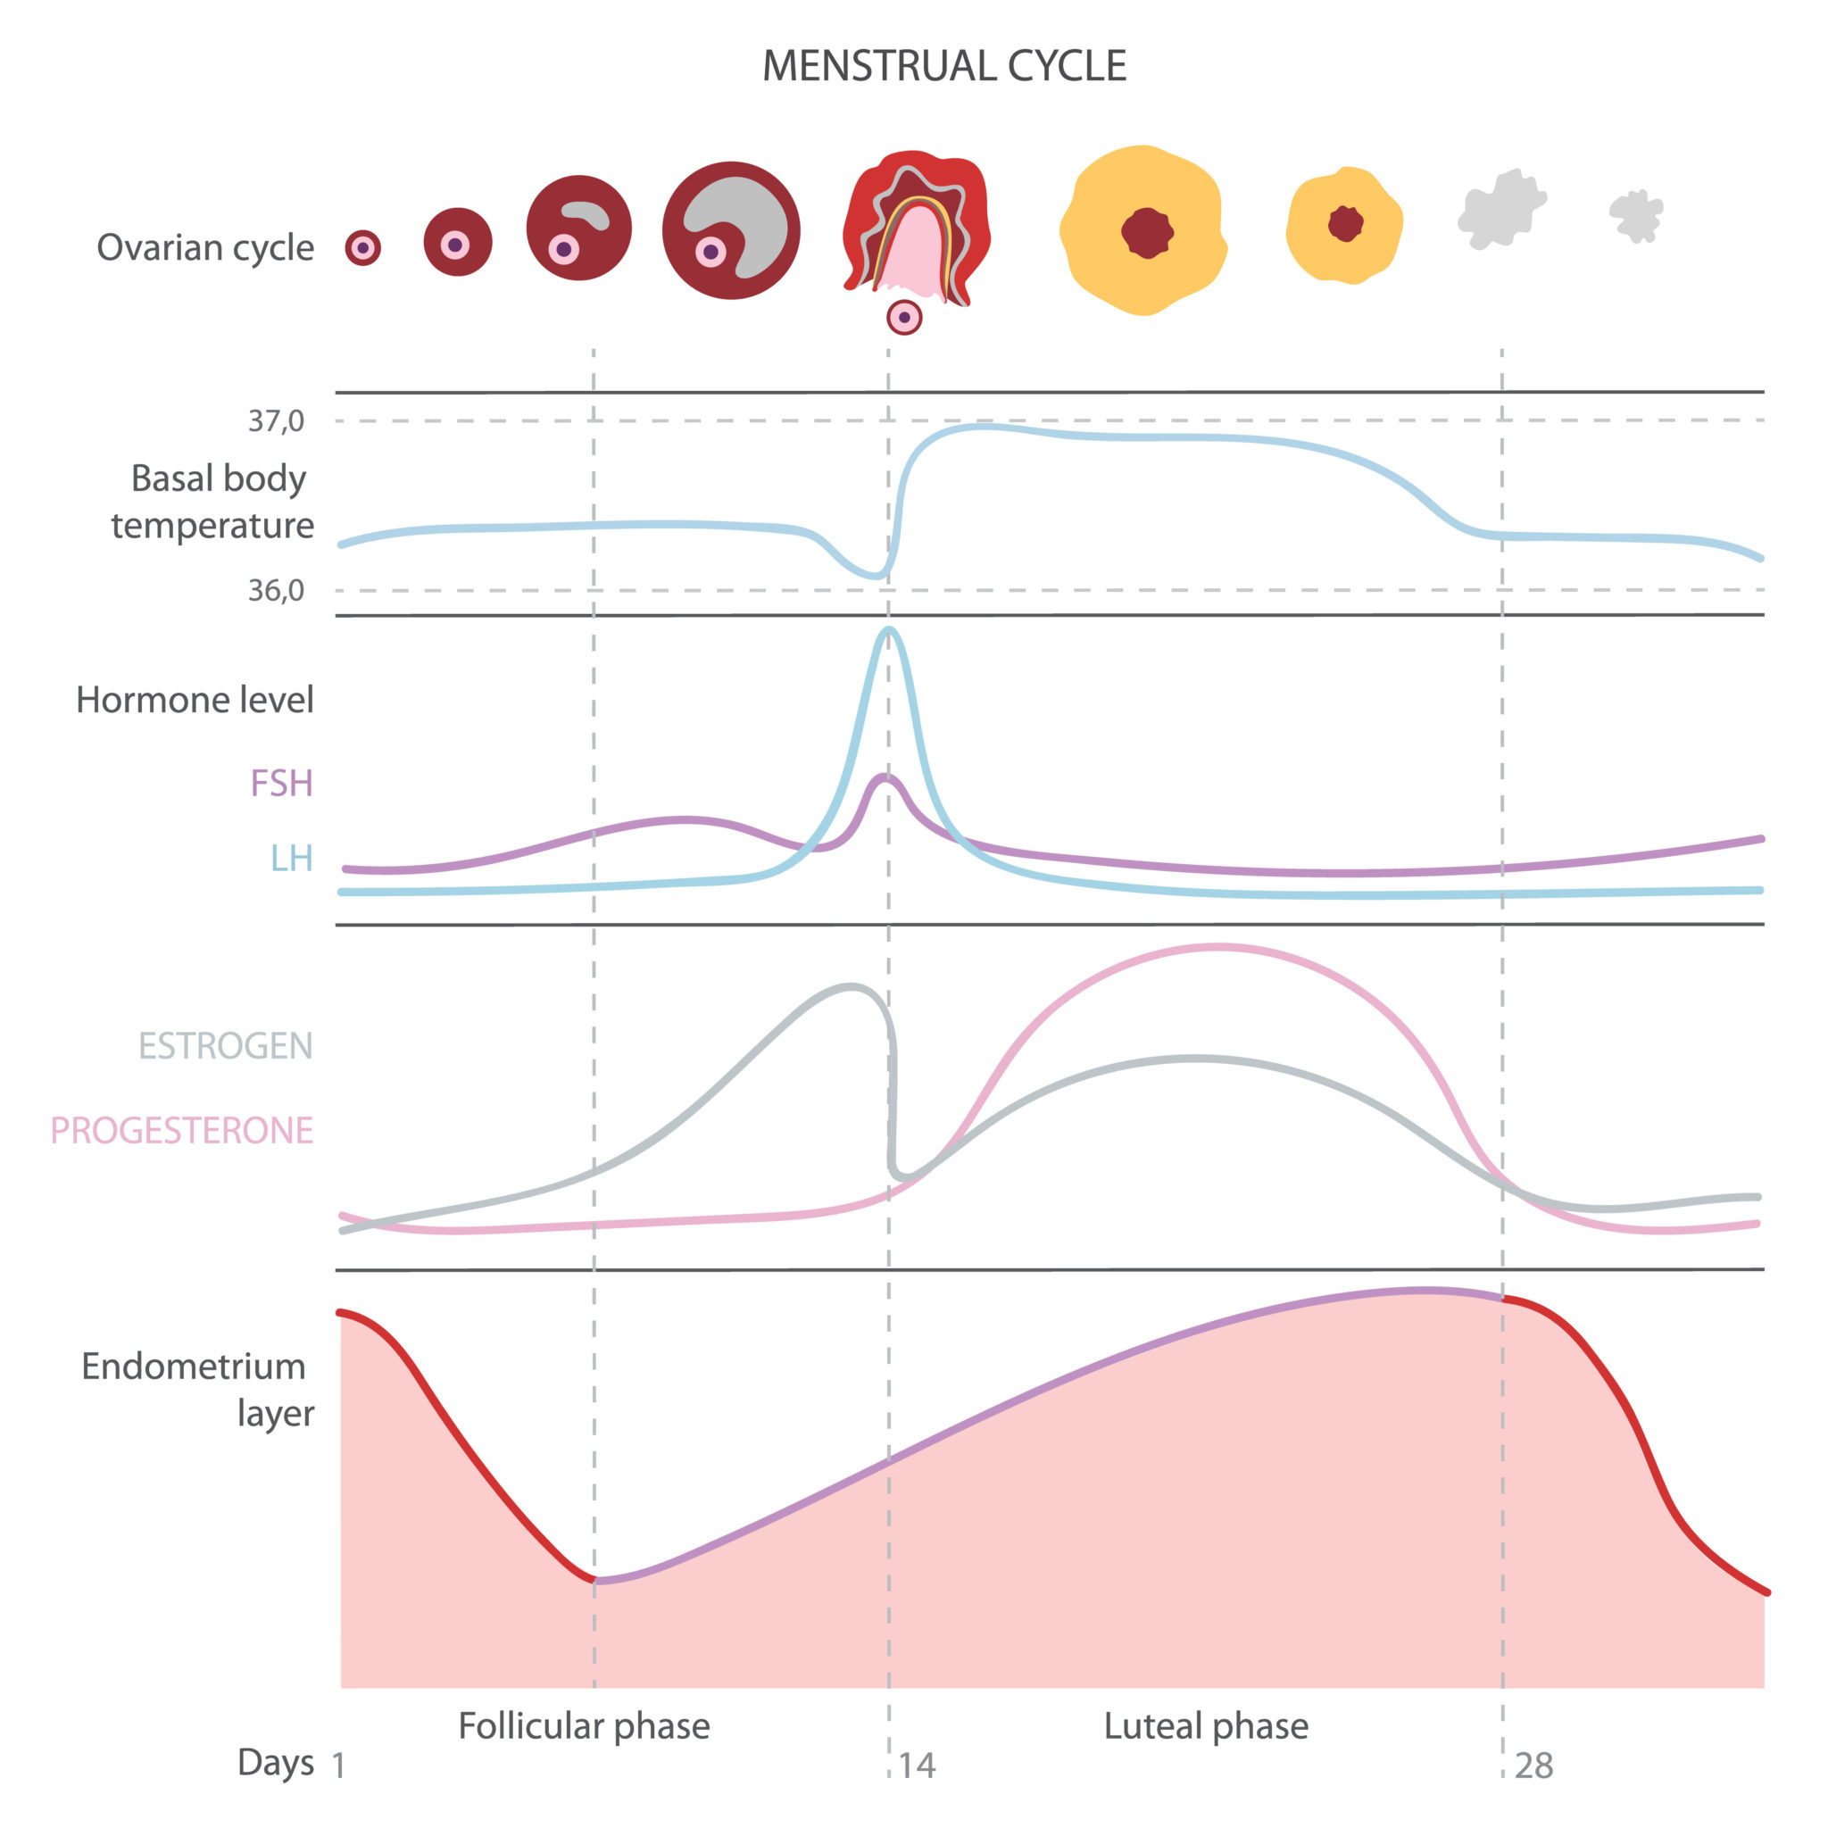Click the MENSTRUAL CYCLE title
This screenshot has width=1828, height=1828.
[x=943, y=66]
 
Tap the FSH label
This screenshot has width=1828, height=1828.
[x=281, y=784]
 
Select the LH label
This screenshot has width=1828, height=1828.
[x=291, y=858]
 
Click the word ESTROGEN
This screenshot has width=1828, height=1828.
[x=225, y=1045]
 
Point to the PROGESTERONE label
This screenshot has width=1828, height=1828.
[x=182, y=1131]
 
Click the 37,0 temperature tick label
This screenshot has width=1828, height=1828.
[x=277, y=421]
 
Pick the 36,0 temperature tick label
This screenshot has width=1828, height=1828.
[x=277, y=590]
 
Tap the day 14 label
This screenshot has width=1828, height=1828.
[x=916, y=1766]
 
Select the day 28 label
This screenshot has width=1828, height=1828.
[x=1533, y=1766]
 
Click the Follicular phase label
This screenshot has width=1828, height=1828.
[x=584, y=1726]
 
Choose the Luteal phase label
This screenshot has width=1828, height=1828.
[x=1207, y=1726]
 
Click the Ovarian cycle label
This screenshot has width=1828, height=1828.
[x=205, y=248]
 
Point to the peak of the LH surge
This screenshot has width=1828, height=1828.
[x=887, y=630]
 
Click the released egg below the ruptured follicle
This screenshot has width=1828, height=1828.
[x=904, y=318]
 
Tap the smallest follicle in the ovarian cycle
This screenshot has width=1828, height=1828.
[x=362, y=248]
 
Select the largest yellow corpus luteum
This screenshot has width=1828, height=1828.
[x=1143, y=230]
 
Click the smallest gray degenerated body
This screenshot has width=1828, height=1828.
[x=1636, y=216]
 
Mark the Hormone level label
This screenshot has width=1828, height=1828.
[x=195, y=700]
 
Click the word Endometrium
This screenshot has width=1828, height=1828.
[x=193, y=1367]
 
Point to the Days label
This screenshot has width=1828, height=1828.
[x=275, y=1763]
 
